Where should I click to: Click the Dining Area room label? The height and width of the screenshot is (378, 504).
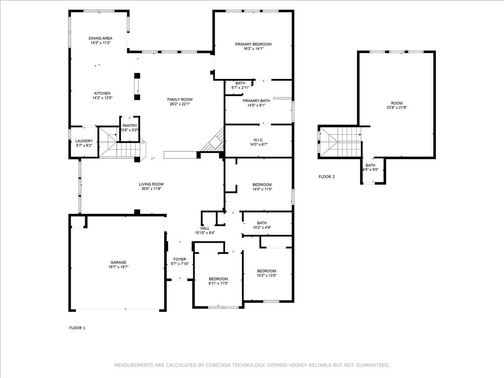[x=100, y=38]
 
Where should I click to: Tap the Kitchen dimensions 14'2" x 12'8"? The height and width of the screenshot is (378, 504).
[x=102, y=98]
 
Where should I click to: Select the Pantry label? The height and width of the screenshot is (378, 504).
[x=129, y=126]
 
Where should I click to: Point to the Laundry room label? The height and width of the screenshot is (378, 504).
[x=84, y=141]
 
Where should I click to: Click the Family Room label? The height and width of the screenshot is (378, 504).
[x=179, y=100]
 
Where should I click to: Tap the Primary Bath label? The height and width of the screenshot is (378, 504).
[x=256, y=100]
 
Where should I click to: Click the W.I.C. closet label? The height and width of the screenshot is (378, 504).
[x=258, y=139]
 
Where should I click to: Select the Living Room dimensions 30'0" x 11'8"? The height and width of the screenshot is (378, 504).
[x=151, y=189]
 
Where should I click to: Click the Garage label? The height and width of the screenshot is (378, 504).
[x=118, y=262]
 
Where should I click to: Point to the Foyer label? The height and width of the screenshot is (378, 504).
[x=180, y=259]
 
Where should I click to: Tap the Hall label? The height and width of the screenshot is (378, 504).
[x=205, y=228]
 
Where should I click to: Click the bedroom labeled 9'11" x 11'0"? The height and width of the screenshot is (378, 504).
[x=218, y=279]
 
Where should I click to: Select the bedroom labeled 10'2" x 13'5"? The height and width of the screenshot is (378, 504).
[x=267, y=271]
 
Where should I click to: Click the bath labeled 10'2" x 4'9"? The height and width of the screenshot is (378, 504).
[x=262, y=223]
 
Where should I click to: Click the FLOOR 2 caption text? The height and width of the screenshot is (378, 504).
[x=327, y=177]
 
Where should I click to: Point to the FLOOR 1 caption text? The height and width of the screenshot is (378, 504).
[x=77, y=328]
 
